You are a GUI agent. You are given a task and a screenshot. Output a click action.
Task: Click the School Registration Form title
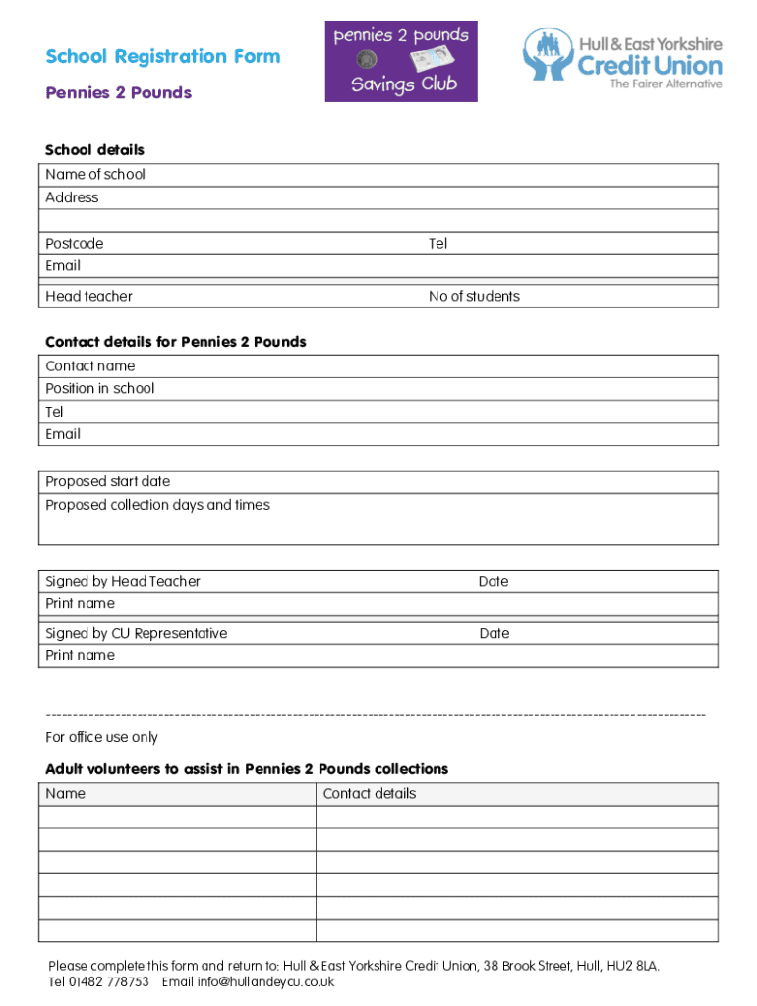pos(162,57)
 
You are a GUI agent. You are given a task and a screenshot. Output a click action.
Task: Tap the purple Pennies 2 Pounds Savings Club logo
pos(401,61)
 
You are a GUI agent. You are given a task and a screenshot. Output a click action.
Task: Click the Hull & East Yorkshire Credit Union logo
pos(622,58)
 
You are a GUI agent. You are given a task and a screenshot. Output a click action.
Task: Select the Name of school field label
pos(95,174)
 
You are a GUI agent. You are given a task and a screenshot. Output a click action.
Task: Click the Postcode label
pos(74,243)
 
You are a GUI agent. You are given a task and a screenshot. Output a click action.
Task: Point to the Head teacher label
pos(88,296)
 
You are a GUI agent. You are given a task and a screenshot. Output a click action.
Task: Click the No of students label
pos(474,296)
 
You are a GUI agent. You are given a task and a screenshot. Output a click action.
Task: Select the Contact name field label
pos(90,365)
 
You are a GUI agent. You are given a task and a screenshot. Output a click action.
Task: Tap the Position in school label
pos(100,388)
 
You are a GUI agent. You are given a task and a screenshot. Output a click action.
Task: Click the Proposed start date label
pos(108,481)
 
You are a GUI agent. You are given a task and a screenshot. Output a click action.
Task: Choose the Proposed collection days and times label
pos(157,505)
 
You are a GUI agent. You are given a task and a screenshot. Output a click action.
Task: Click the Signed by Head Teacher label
pos(123,581)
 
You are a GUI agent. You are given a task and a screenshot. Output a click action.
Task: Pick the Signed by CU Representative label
pos(136,633)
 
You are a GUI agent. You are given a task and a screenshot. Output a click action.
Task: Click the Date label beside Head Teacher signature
pos(494,581)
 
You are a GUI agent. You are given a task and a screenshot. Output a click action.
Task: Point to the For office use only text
pos(101,737)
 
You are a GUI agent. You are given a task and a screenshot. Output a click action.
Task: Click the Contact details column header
pos(370,793)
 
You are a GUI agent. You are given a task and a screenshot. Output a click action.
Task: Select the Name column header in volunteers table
pos(66,793)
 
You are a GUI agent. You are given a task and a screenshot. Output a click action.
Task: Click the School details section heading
pos(94,150)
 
